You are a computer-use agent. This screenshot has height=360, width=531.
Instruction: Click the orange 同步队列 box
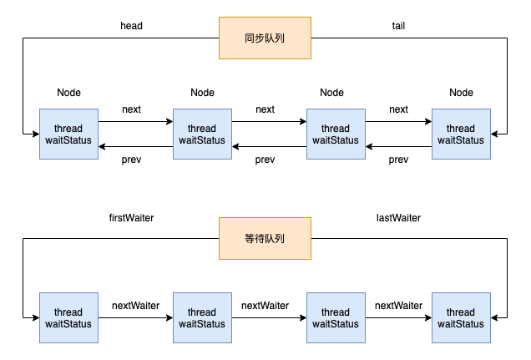click(x=265, y=38)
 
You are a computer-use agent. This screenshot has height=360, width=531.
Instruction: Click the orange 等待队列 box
click(x=265, y=238)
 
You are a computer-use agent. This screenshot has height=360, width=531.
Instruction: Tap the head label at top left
click(x=132, y=26)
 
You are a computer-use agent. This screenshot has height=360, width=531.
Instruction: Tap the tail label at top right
click(x=398, y=26)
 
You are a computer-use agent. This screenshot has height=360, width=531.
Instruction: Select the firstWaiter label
click(x=131, y=218)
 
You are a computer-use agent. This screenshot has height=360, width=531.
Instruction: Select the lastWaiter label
click(x=398, y=218)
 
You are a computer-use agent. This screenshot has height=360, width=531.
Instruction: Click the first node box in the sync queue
click(x=68, y=134)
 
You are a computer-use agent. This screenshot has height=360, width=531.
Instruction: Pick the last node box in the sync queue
click(x=461, y=134)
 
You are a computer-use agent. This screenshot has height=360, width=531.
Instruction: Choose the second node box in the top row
click(x=202, y=134)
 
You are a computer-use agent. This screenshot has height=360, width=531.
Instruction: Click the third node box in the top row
click(x=336, y=134)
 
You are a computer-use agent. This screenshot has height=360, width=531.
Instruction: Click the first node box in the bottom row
click(x=68, y=317)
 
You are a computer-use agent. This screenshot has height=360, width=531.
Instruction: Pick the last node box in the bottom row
click(x=461, y=317)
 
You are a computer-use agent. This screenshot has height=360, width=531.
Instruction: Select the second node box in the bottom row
click(x=202, y=317)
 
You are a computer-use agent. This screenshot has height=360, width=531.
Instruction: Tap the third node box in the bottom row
click(x=336, y=317)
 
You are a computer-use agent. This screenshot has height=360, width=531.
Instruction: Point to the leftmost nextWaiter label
click(x=135, y=306)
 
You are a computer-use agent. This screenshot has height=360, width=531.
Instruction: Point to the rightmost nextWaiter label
click(x=398, y=306)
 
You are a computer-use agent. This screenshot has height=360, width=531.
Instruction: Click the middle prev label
click(x=265, y=160)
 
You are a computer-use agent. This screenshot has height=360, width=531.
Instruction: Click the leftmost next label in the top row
click(x=132, y=109)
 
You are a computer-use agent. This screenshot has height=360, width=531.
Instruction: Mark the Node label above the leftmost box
click(x=68, y=92)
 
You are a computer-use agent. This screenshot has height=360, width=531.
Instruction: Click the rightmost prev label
click(x=398, y=160)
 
